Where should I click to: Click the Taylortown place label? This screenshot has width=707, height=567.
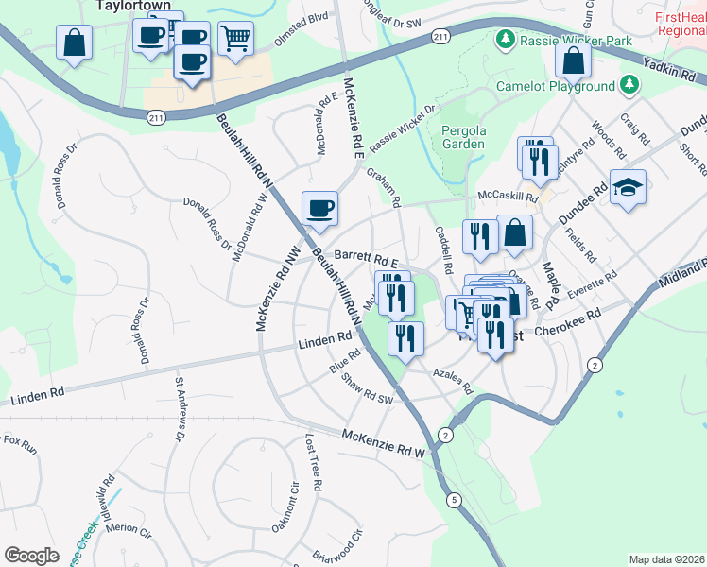click(x=132, y=5)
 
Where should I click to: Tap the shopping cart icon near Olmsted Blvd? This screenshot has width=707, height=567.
click(x=235, y=39)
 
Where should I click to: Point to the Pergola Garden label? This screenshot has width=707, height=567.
click(x=463, y=137)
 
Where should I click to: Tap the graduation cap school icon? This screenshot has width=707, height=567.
click(x=626, y=188)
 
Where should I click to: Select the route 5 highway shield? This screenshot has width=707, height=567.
click(x=455, y=499)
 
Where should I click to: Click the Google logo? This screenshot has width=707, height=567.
click(x=31, y=555)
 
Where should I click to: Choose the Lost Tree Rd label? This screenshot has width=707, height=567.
click(x=314, y=462)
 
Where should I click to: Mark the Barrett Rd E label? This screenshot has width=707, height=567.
click(x=364, y=257)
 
